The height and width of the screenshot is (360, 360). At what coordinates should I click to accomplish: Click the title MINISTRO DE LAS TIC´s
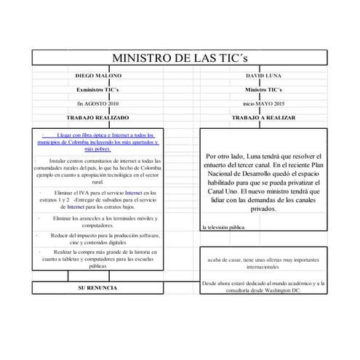(x=180, y=58)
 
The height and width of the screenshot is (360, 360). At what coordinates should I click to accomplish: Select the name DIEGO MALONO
(x=99, y=76)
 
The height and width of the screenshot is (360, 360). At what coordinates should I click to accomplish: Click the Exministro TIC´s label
(x=98, y=89)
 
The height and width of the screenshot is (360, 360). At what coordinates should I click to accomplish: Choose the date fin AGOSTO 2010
(x=98, y=104)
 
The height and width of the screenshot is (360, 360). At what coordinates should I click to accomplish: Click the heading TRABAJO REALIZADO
(x=98, y=117)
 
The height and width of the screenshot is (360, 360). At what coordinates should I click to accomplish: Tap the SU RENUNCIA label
(x=98, y=288)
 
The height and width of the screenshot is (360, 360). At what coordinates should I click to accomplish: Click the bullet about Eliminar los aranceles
(x=102, y=222)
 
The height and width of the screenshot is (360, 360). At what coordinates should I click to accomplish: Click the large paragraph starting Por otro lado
(x=263, y=182)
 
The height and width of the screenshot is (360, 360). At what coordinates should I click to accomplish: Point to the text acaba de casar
(x=263, y=263)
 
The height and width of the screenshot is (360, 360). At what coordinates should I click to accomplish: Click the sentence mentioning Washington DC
(x=263, y=287)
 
